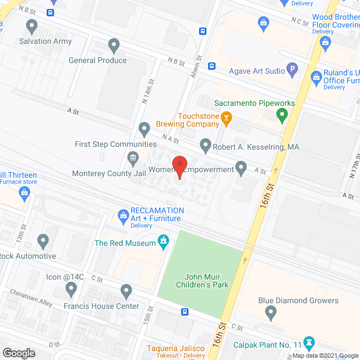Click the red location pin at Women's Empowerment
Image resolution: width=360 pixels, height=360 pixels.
179,165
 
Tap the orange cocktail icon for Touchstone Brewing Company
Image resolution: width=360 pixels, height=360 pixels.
227,117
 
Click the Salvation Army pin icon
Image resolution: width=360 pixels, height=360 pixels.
32,26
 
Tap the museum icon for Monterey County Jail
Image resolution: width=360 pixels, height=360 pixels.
133,157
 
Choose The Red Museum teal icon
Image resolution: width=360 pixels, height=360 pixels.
164,242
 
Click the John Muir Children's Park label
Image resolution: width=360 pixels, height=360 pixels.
207,281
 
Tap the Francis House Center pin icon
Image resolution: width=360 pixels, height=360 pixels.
126,290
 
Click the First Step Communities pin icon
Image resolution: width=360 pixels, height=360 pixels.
145,129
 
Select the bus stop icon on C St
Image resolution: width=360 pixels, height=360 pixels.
184,312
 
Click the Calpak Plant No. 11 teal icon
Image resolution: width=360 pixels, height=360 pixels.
308,342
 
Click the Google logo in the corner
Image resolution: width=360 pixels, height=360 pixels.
19,353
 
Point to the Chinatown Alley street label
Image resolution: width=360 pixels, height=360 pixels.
31,299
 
